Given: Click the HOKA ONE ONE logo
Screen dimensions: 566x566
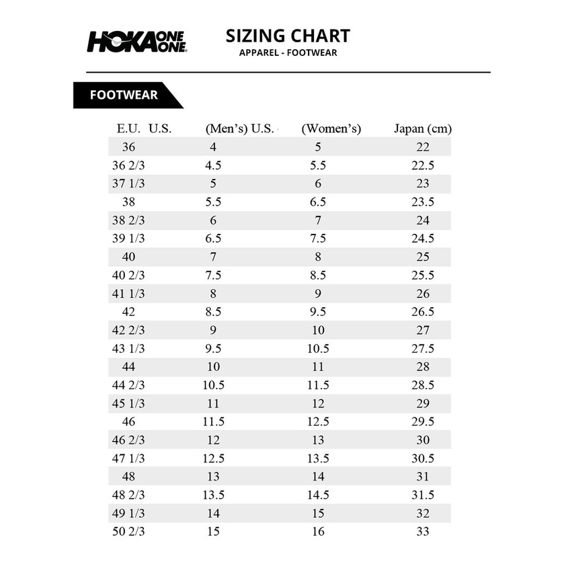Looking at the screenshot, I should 136,41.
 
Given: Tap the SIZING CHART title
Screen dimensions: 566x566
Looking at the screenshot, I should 288,36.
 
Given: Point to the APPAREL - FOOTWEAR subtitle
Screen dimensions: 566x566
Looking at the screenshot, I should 288,53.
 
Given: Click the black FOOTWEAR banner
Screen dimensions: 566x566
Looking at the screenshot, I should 124,95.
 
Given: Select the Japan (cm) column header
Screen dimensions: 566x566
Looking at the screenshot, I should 422,128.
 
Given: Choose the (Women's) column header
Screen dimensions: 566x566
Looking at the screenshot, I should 331,128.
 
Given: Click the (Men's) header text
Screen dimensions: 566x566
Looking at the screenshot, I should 227,128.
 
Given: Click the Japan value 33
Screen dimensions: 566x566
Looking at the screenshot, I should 423,532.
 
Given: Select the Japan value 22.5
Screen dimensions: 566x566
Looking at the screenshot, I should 423,165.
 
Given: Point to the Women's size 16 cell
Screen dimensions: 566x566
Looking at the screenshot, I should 318,532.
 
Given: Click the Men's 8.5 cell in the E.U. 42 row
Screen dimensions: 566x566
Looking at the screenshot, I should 213,312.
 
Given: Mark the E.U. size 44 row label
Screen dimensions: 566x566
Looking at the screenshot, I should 128,367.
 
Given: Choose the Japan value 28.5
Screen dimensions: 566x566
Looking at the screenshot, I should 423,385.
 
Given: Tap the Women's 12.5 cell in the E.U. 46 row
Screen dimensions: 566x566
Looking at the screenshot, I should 318,422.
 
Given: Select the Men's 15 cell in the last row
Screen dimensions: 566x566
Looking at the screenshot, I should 213,532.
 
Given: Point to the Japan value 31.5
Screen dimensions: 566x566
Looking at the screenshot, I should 423,495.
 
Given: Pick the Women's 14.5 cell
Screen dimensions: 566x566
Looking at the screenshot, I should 318,495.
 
